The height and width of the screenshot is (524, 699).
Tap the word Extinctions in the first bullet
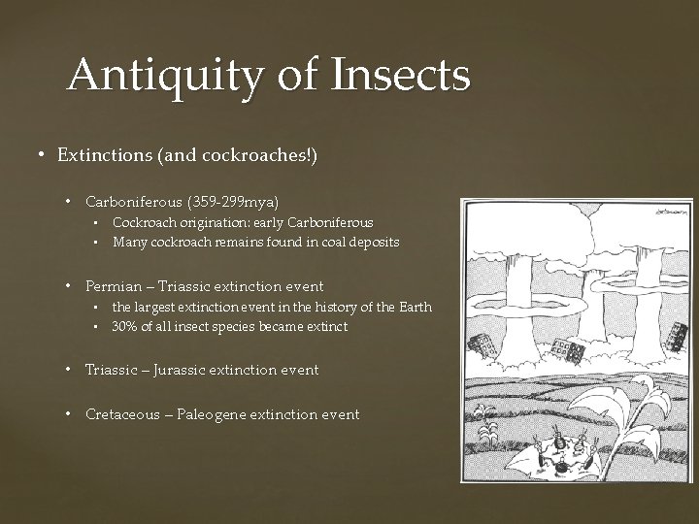[x=101, y=155]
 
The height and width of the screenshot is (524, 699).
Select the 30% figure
[x=123, y=327]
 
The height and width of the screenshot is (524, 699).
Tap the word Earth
[x=412, y=308]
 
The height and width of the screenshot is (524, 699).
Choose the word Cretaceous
[x=122, y=414]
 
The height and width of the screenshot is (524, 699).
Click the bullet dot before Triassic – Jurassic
[x=71, y=370]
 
